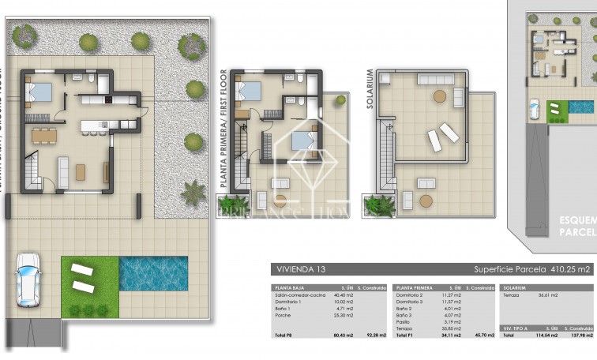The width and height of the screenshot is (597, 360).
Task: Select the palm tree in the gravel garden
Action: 193,192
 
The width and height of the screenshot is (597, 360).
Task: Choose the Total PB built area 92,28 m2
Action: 375,336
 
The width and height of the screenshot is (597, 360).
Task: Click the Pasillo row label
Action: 404,322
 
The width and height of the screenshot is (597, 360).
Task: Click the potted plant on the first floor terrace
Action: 340,100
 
